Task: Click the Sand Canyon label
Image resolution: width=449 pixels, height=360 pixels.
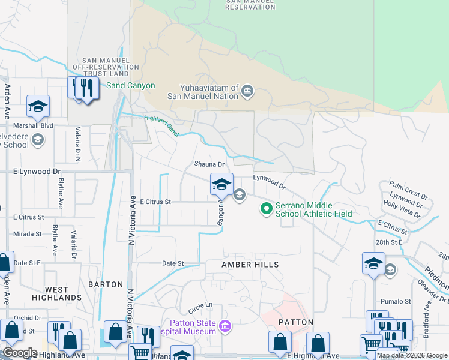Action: [x=130, y=85]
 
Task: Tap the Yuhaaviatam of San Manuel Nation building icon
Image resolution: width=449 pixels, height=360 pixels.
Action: [x=247, y=92]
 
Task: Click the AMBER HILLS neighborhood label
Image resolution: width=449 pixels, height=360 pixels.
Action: [x=250, y=264]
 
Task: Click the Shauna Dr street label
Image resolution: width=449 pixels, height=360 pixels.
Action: [x=209, y=164]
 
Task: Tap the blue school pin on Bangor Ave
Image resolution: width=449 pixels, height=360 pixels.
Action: [x=221, y=184]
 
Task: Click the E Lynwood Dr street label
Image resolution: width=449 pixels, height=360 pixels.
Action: [x=37, y=171]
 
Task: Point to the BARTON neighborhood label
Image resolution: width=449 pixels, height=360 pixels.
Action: [x=106, y=284]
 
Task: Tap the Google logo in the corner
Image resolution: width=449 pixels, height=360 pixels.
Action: [x=20, y=353]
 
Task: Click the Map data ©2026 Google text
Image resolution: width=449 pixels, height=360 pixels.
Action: [x=412, y=356]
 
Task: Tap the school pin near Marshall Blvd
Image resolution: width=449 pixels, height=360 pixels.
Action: [x=38, y=107]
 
